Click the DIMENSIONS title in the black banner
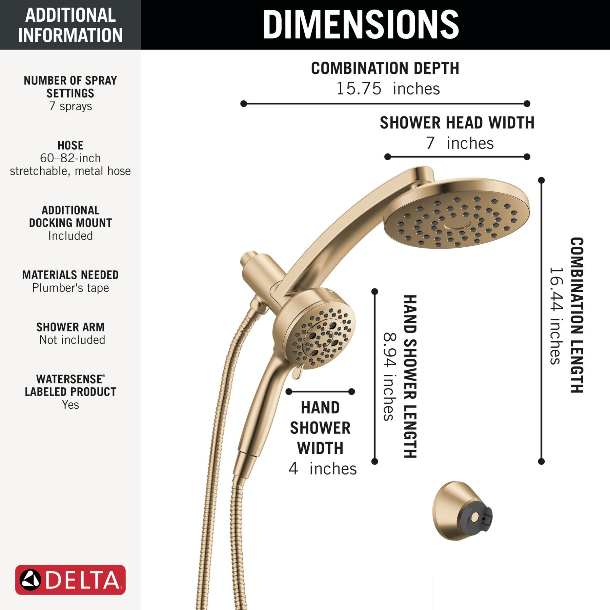click(361, 24)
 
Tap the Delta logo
click(70, 579)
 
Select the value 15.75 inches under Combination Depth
click(388, 89)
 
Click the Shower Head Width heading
click(457, 123)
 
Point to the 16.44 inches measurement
click(556, 316)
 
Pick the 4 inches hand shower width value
click(323, 469)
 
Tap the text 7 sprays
click(70, 106)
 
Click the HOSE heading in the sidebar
click(70, 145)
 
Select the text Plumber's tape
click(70, 288)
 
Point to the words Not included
click(72, 340)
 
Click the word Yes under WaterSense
click(70, 405)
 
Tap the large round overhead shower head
click(456, 213)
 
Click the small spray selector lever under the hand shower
click(297, 372)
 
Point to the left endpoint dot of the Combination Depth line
click(243, 104)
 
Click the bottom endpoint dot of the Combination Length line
click(541, 462)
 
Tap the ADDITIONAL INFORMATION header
click(70, 25)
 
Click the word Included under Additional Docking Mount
click(70, 236)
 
